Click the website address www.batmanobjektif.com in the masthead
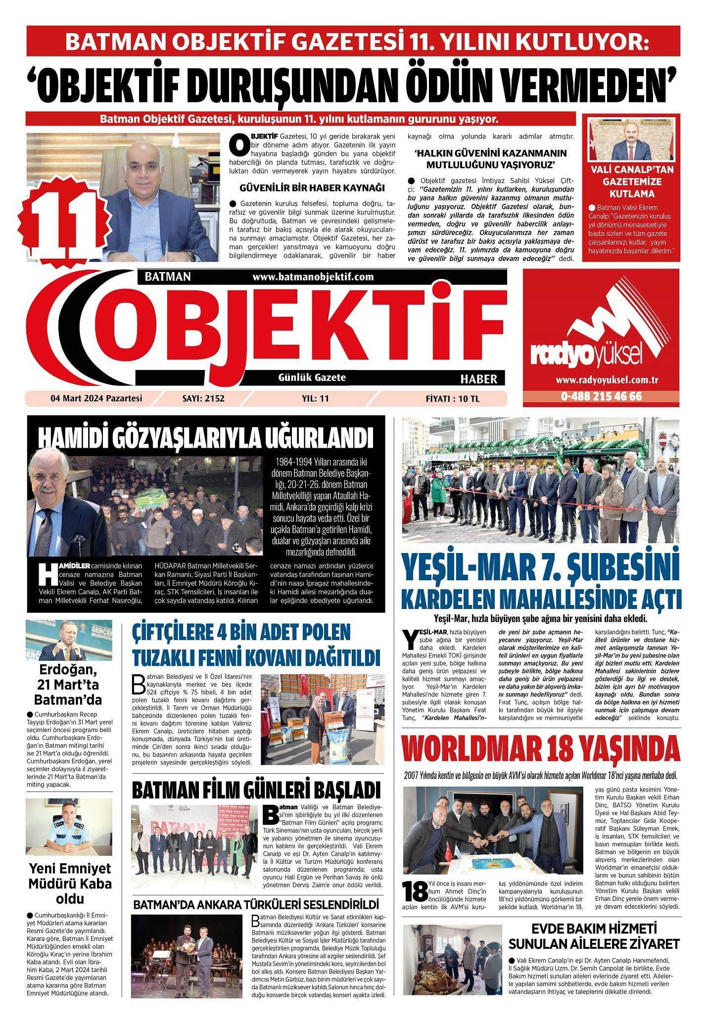click(x=313, y=277)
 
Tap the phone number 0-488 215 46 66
click(x=601, y=397)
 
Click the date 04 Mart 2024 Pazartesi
click(x=96, y=398)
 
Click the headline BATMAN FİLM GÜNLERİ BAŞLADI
click(x=256, y=790)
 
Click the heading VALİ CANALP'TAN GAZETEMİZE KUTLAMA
click(x=631, y=182)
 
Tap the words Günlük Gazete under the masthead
click(x=312, y=378)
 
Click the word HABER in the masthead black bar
click(x=478, y=379)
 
